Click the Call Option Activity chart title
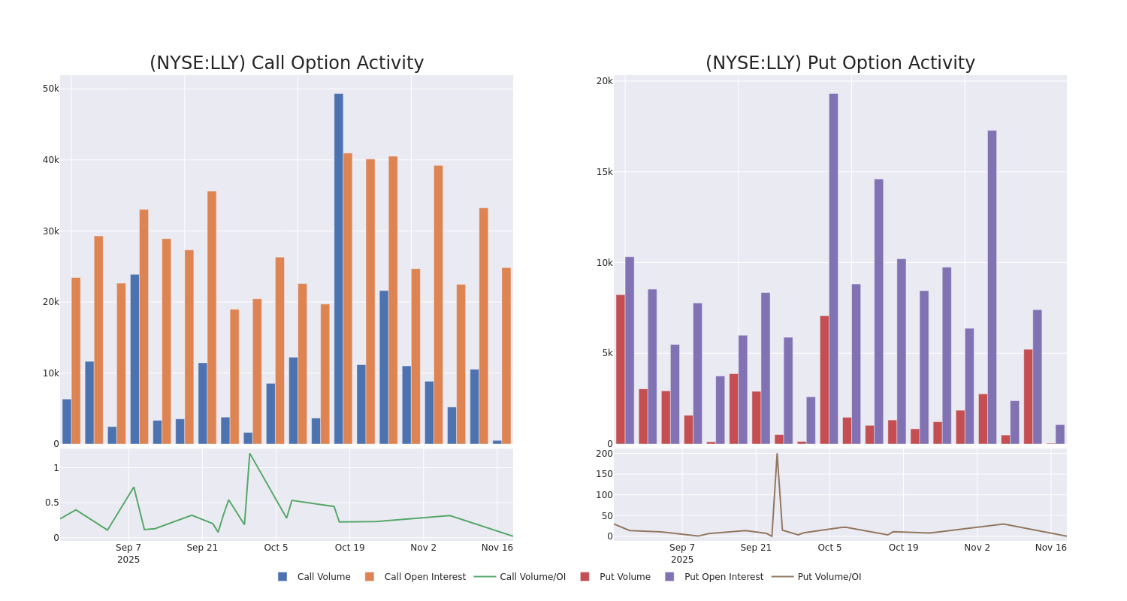coord(286,63)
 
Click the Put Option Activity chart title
coord(840,63)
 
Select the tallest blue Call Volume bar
coord(339,268)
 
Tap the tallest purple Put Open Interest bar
coord(833,268)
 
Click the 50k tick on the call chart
coord(50,89)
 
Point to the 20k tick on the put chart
coord(605,81)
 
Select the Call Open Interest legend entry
coord(425,577)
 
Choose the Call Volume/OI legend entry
coord(532,577)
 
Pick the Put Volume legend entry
coord(624,577)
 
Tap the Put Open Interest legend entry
coord(723,577)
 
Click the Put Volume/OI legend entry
coord(829,577)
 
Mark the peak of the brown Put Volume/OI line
coord(777,454)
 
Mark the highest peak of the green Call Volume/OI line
coord(249,454)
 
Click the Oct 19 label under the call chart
coord(350,548)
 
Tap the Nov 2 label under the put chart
coord(977,548)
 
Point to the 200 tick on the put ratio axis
coord(604,454)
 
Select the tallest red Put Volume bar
coord(621,369)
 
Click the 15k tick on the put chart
coord(605,172)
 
